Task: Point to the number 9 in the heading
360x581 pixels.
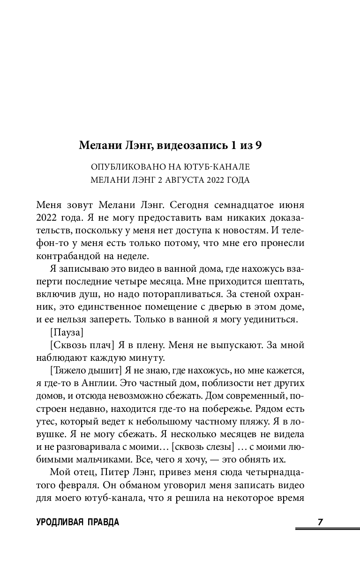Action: (x=258, y=145)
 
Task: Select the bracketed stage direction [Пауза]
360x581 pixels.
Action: (x=66, y=333)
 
